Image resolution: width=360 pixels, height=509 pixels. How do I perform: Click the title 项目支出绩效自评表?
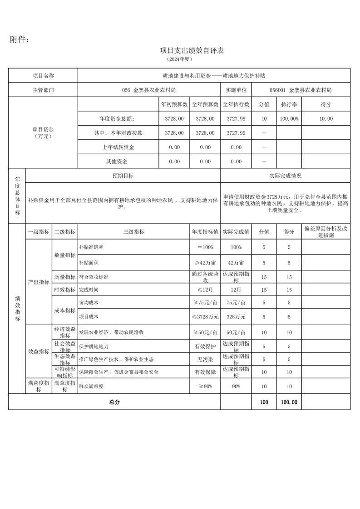pos(192,50)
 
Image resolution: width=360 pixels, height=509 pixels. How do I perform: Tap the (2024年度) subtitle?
pos(180,59)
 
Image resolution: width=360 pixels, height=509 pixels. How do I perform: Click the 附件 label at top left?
pos(20,40)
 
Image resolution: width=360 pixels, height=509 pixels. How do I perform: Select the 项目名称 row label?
pos(43,76)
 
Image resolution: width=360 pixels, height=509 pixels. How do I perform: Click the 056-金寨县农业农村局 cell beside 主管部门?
pos(149,90)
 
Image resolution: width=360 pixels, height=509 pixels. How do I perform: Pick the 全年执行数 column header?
pos(236,104)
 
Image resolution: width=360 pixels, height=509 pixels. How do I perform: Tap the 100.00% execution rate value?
pos(289,118)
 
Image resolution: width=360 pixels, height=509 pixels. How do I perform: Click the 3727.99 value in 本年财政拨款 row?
pos(236,133)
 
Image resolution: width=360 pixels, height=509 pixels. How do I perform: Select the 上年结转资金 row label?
pos(118,147)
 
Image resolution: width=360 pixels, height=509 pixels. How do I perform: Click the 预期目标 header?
pos(123,176)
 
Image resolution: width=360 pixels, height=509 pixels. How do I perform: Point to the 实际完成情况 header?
pos(286,176)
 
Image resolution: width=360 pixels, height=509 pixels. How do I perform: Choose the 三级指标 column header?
pos(133,232)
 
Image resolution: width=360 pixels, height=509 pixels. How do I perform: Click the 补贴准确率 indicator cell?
pos(91,247)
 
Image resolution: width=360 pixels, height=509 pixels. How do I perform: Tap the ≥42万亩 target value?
pos(205,263)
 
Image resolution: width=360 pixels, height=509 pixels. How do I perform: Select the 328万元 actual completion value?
pos(236,317)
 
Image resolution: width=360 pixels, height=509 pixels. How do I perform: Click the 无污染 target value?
pos(205,359)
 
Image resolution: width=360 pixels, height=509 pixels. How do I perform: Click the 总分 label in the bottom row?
pos(114,402)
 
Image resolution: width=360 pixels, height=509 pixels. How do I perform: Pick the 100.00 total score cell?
pos(289,402)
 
